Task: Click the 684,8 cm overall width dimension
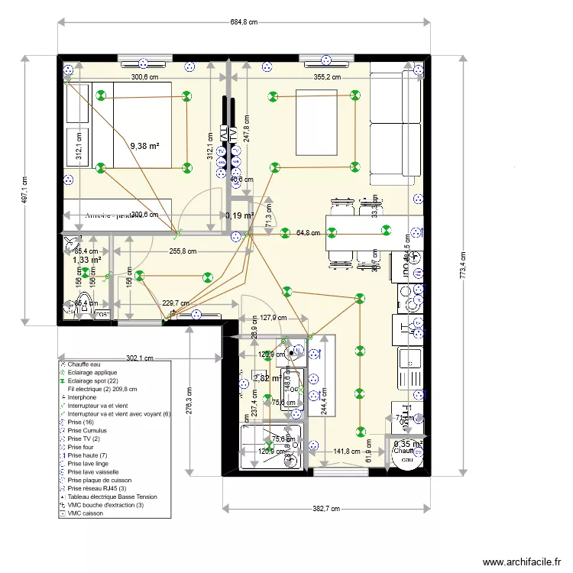(x=242, y=22)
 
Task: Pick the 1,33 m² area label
(x=87, y=260)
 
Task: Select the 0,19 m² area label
(x=239, y=216)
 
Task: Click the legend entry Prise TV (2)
(x=83, y=439)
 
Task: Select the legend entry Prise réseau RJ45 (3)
(x=98, y=488)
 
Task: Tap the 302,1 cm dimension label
(x=139, y=358)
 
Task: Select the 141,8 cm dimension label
(x=348, y=452)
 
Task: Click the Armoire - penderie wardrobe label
(x=115, y=215)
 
